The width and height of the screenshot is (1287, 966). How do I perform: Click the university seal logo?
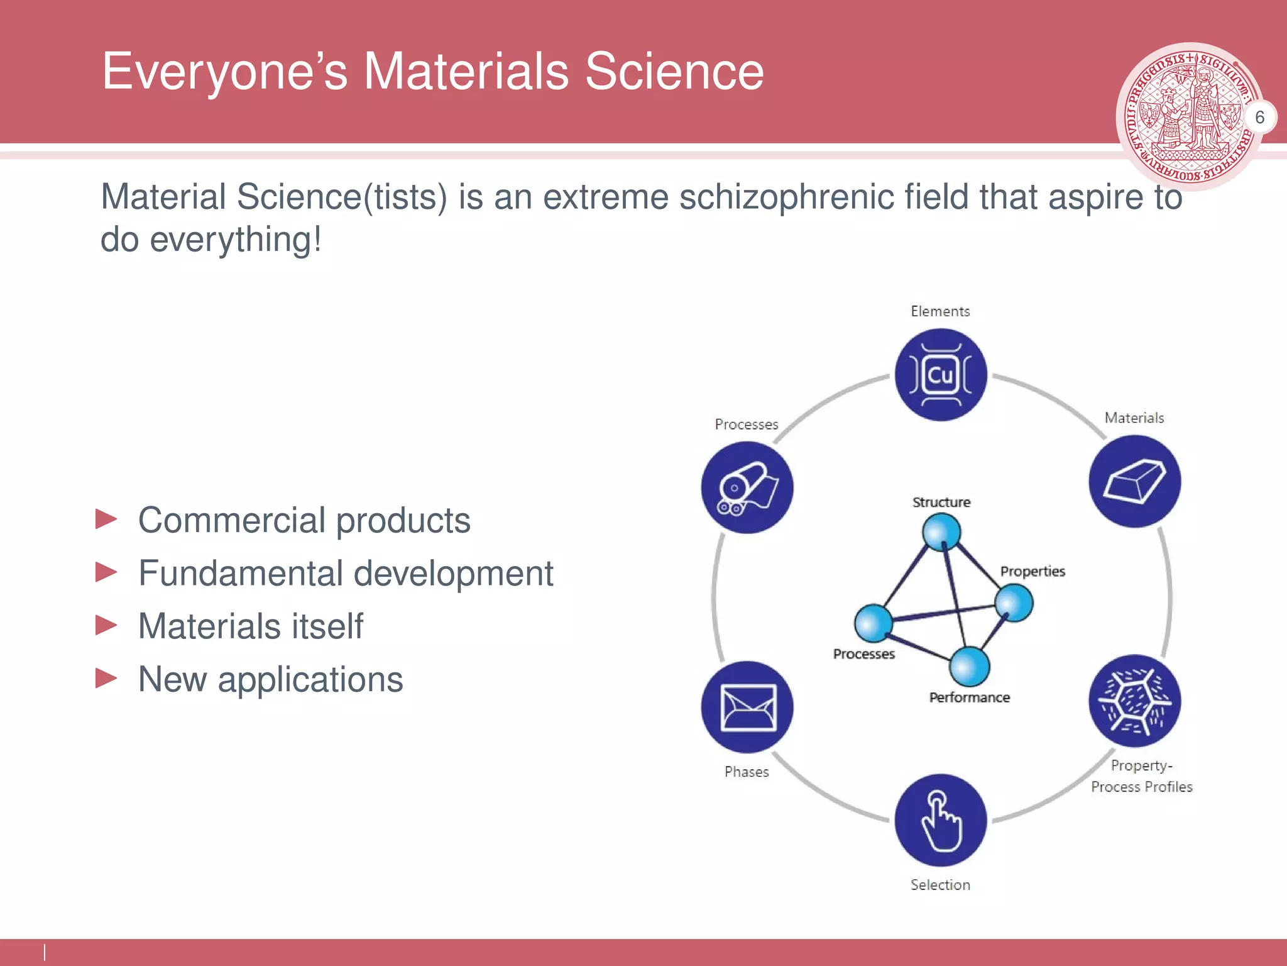(x=1188, y=116)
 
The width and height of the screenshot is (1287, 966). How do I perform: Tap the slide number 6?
(x=1259, y=117)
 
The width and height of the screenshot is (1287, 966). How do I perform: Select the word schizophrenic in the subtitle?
(x=786, y=197)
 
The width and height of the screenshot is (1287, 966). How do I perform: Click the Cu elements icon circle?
(x=941, y=375)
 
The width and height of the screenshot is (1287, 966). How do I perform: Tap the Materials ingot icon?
(x=1134, y=481)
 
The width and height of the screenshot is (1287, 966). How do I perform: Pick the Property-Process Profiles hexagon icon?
(x=1134, y=701)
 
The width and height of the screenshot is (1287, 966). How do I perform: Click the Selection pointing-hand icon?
(x=941, y=820)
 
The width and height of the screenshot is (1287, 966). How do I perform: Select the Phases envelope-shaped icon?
(x=747, y=707)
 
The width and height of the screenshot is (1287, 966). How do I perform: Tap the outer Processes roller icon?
(x=747, y=487)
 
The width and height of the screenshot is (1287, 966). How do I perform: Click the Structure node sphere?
(x=941, y=532)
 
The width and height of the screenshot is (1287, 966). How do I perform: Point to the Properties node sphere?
(x=1014, y=602)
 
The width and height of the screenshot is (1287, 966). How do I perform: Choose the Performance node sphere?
(x=970, y=666)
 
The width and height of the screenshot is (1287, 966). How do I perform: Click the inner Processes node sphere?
(x=874, y=623)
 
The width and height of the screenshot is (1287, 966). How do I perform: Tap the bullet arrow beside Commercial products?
(x=106, y=519)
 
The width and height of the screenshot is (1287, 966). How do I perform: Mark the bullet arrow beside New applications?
(x=106, y=679)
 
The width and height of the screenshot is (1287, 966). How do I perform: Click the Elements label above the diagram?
(x=940, y=311)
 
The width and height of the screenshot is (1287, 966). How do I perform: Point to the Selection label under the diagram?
(x=940, y=885)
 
